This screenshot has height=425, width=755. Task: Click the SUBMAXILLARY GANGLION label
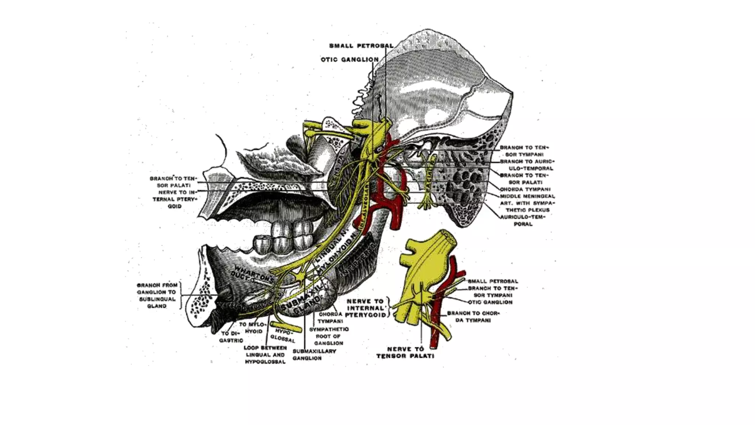(314, 355)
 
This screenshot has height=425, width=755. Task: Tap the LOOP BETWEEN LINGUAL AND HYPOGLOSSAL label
(265, 355)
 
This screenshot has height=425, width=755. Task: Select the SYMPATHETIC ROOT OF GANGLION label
(329, 336)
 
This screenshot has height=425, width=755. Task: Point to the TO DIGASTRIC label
(231, 337)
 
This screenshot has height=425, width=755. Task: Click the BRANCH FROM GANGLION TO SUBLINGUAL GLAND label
(157, 296)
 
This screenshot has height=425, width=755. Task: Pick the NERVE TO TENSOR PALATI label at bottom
(405, 352)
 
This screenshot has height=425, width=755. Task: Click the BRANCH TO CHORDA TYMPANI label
(473, 317)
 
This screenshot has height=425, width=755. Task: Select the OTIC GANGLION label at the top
(349, 59)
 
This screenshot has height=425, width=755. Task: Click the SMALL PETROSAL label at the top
(361, 46)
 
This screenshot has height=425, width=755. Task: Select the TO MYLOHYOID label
(253, 328)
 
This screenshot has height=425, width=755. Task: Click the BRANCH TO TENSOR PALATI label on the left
(173, 182)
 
